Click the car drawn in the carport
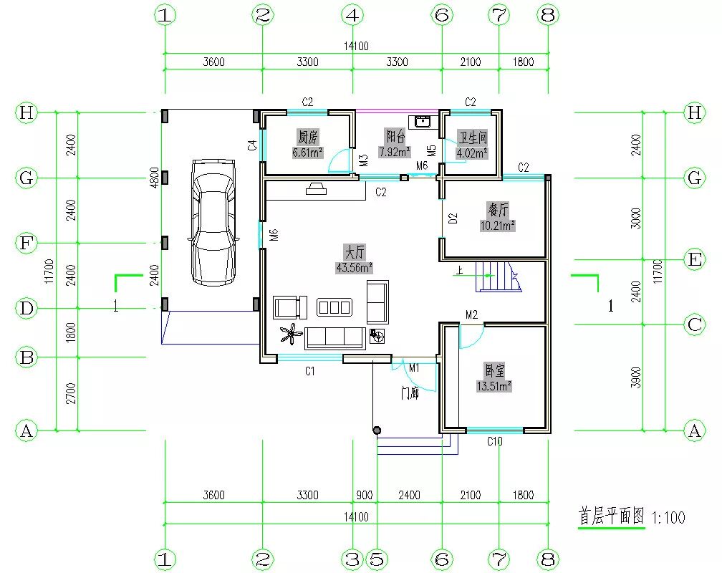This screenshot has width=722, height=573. (x=213, y=223)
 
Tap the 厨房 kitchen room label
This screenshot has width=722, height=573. (x=307, y=137)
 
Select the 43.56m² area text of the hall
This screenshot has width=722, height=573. (x=354, y=268)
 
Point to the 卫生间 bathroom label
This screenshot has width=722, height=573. (x=472, y=138)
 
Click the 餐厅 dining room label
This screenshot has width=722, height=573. (x=498, y=210)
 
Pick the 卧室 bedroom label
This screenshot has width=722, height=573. (x=494, y=370)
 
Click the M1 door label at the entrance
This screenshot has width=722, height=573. (x=414, y=367)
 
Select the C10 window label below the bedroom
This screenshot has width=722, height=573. (x=495, y=442)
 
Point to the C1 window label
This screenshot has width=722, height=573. (x=310, y=371)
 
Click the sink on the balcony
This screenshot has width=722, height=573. (x=423, y=121)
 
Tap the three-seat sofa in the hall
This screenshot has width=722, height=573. (x=334, y=337)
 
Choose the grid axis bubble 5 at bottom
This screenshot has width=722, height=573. (x=377, y=559)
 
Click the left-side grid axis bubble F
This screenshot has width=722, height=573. (x=27, y=243)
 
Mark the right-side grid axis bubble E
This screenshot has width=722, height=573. (x=694, y=260)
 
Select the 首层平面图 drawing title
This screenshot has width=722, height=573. (x=612, y=516)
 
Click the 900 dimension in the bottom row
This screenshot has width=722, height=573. (x=364, y=495)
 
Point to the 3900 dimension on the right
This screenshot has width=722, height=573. (x=636, y=377)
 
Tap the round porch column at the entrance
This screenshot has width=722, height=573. (x=377, y=430)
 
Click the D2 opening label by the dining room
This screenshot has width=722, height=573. (x=453, y=218)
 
